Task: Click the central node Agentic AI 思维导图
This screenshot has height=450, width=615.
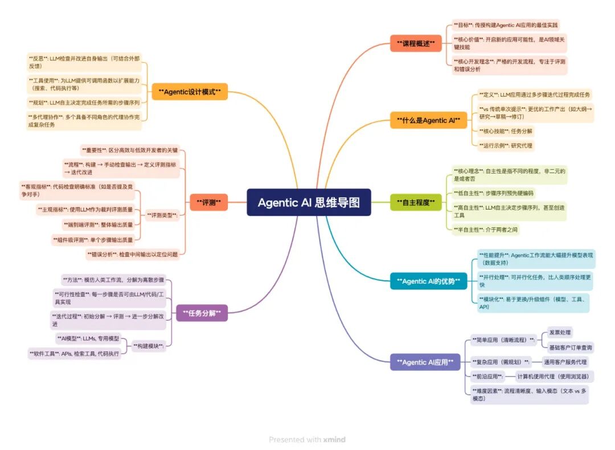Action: [x=309, y=202]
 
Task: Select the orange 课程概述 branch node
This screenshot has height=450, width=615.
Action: [x=416, y=43]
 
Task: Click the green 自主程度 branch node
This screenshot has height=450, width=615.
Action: [x=416, y=202]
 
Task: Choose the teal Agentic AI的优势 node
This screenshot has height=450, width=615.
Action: [x=428, y=281]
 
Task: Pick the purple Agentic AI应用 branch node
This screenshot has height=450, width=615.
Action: [x=425, y=362]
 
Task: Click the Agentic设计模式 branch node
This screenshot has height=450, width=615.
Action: [x=190, y=91]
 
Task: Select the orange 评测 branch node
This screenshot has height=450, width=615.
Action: [x=209, y=202]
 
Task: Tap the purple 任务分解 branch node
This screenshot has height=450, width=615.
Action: [x=202, y=312]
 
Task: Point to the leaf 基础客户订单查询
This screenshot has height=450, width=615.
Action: [x=570, y=347]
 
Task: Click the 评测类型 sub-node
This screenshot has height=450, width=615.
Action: [x=162, y=215]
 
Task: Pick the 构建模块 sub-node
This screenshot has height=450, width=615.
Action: [x=148, y=346]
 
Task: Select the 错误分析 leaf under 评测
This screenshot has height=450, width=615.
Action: [x=132, y=254]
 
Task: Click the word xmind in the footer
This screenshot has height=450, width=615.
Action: [x=335, y=440]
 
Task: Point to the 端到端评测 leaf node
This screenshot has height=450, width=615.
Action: [x=98, y=225]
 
